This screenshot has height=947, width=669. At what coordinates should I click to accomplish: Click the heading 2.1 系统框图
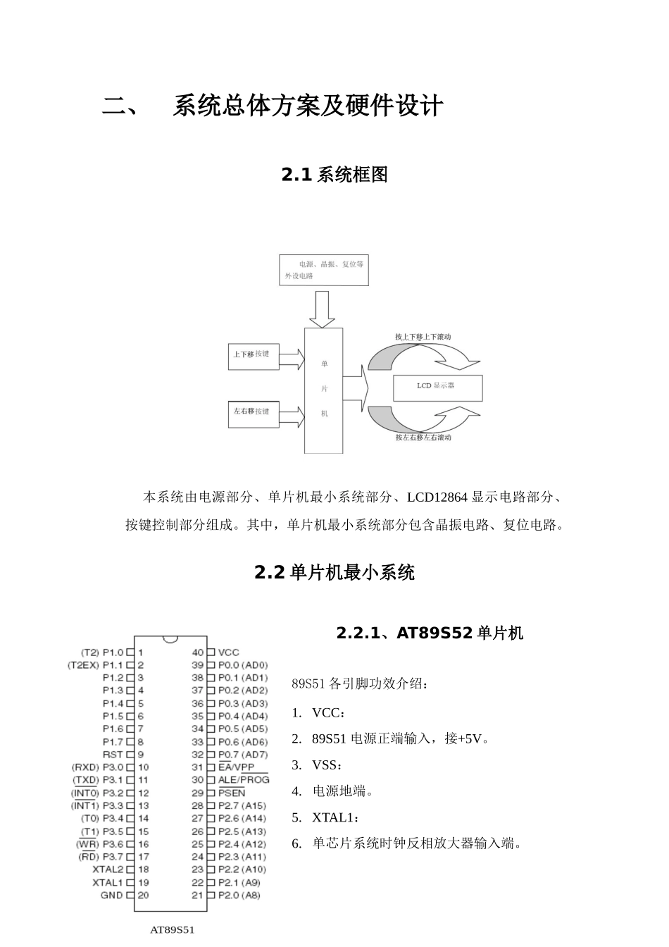click(x=334, y=175)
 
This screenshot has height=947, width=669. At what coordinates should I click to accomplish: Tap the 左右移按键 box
click(x=253, y=413)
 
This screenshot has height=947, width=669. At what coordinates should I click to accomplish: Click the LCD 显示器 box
click(x=437, y=387)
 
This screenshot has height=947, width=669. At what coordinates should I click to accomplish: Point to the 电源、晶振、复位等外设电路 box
click(x=324, y=270)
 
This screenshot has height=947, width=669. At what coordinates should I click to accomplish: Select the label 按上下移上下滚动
click(x=423, y=337)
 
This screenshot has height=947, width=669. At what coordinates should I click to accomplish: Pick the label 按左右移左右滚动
click(x=423, y=438)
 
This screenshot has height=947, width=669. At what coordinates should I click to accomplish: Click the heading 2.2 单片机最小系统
click(x=334, y=573)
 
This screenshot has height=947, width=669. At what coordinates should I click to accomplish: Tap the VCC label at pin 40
click(x=229, y=652)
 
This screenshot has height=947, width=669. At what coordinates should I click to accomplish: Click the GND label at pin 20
click(x=111, y=896)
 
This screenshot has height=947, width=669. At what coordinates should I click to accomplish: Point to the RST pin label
click(x=113, y=755)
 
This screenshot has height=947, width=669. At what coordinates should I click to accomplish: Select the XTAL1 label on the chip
click(x=108, y=882)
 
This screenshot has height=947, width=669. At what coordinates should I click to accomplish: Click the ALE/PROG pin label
click(x=244, y=780)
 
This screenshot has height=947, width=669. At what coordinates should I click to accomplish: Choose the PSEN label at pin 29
click(x=232, y=793)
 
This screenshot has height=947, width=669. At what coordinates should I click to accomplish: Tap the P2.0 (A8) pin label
click(x=239, y=896)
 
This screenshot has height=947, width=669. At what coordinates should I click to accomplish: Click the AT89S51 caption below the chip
click(x=173, y=929)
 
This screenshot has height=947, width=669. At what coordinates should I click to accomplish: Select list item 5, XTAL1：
click(x=335, y=817)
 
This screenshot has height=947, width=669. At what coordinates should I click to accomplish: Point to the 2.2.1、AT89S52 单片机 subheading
click(x=430, y=633)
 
